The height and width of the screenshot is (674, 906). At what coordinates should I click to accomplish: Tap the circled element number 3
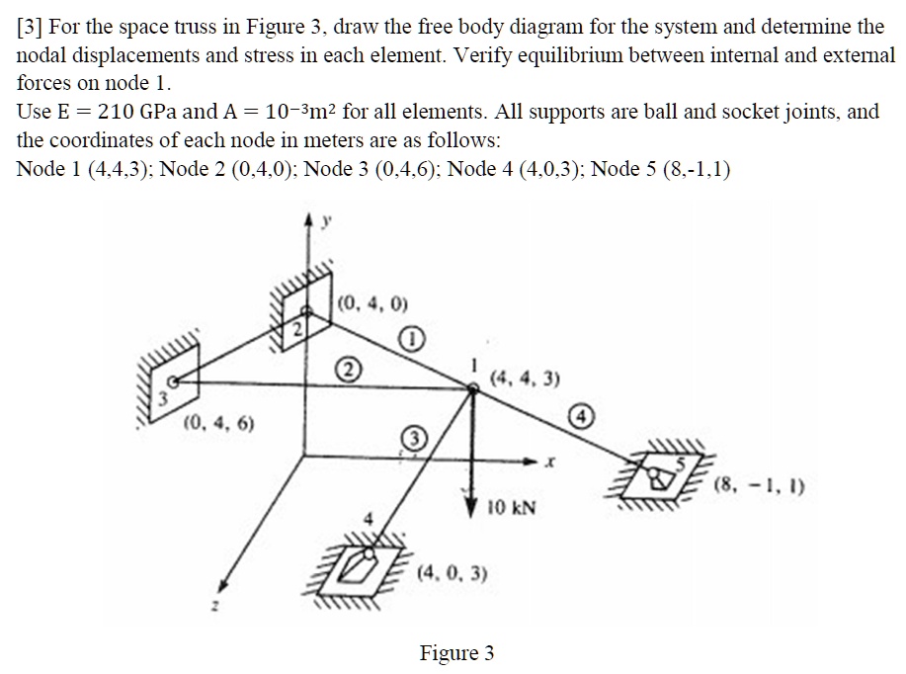(x=412, y=438)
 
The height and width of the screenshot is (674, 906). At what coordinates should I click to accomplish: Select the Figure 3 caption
(x=456, y=653)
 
